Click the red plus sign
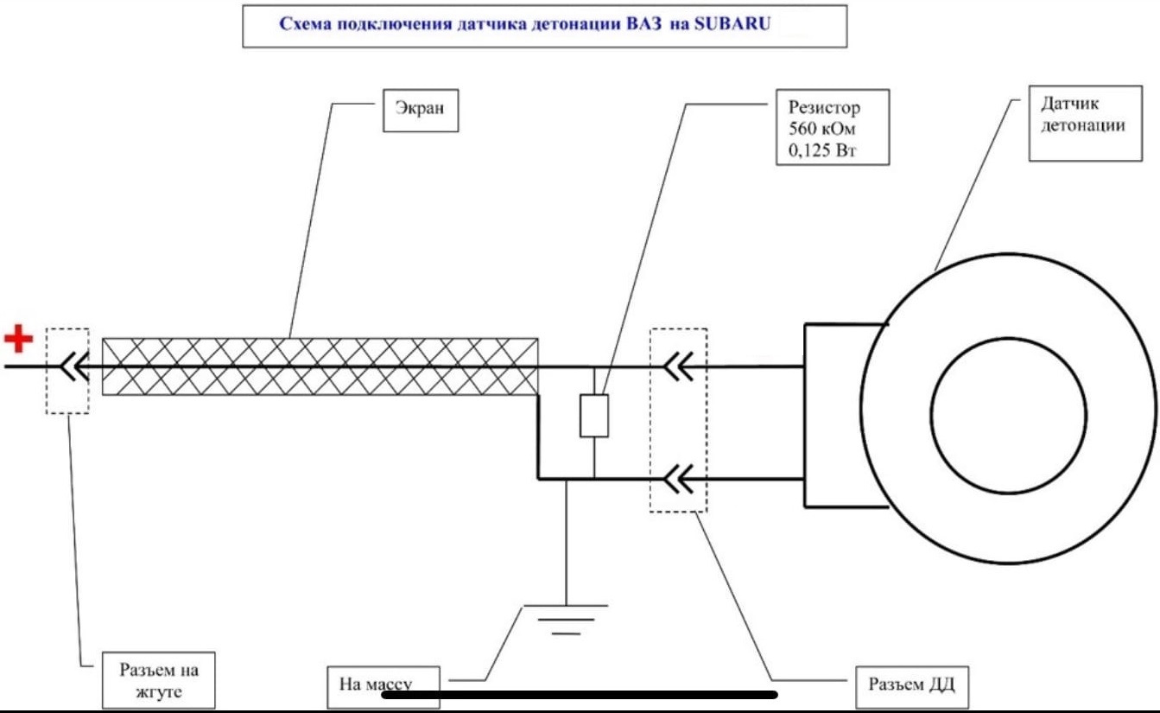pos(18,338)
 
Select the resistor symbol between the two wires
pos(594,416)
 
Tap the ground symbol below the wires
pos(565,617)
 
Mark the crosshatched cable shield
pos(320,366)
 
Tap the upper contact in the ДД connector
pos(678,367)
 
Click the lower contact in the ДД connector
pos(678,477)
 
